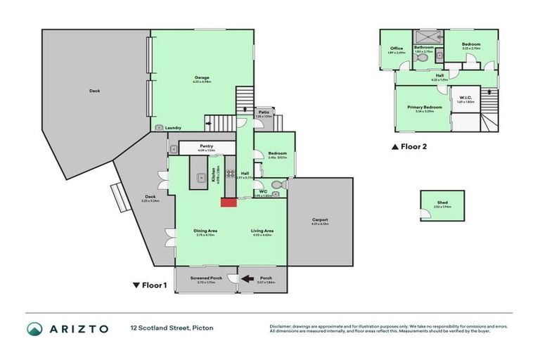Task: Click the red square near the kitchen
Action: (228, 202)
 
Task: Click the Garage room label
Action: (202, 77)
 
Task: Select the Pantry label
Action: (207, 146)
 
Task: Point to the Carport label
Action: (320, 220)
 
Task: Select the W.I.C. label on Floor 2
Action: (465, 98)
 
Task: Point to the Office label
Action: (396, 48)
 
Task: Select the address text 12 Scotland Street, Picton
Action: (172, 328)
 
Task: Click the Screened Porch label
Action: (206, 278)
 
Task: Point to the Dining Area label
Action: (205, 231)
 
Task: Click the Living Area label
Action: (262, 231)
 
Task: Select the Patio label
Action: (263, 111)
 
